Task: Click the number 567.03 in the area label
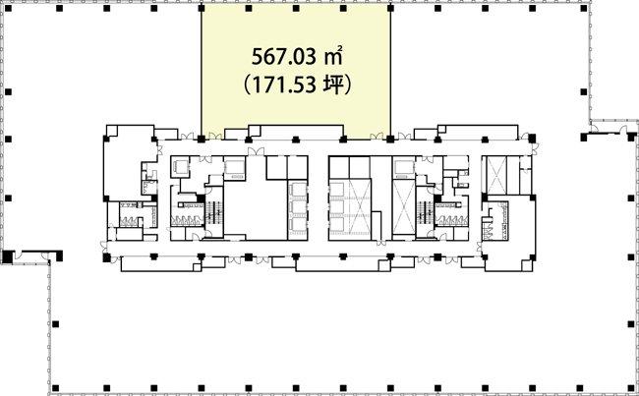284,57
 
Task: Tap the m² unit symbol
332,57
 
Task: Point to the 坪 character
332,85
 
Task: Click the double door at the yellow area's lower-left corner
214,136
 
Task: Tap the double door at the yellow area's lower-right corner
377,136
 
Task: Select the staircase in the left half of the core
214,212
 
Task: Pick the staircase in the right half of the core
426,212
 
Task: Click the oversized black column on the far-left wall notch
7,256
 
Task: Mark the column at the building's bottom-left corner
55,387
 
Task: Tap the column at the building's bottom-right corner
631,387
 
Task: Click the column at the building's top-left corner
8,8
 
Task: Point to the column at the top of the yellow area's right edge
390,8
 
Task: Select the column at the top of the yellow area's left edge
201,8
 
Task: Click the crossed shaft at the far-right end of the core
497,175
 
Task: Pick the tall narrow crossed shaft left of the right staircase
403,207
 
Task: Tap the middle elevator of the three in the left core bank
298,207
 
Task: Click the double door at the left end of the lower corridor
104,247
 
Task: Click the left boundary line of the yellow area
202,72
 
